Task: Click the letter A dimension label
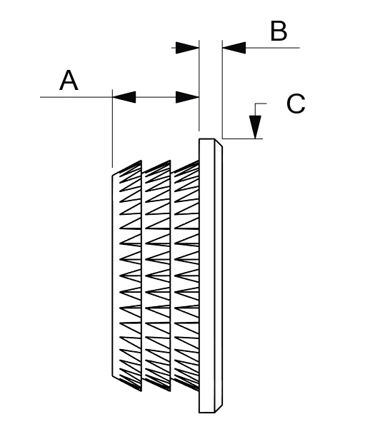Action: (x=69, y=81)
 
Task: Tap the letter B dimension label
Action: (x=279, y=31)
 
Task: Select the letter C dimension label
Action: (x=296, y=104)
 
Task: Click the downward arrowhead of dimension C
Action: (x=255, y=127)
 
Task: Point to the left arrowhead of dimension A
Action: (x=124, y=97)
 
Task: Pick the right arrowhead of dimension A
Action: (x=187, y=97)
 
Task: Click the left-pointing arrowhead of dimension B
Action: (x=234, y=48)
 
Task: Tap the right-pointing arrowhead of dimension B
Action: (x=187, y=48)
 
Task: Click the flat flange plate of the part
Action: (x=211, y=276)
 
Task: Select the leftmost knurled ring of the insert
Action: (x=127, y=276)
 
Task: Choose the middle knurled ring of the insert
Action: (x=158, y=276)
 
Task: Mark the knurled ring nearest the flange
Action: (x=186, y=276)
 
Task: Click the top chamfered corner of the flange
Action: (x=218, y=143)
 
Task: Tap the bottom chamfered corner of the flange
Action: (x=218, y=408)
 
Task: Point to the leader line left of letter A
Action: (x=76, y=97)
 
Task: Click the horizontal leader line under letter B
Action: (x=273, y=48)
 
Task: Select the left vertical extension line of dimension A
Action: (x=113, y=128)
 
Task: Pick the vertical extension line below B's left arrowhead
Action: (x=222, y=89)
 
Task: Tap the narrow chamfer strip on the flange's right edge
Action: (x=218, y=276)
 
